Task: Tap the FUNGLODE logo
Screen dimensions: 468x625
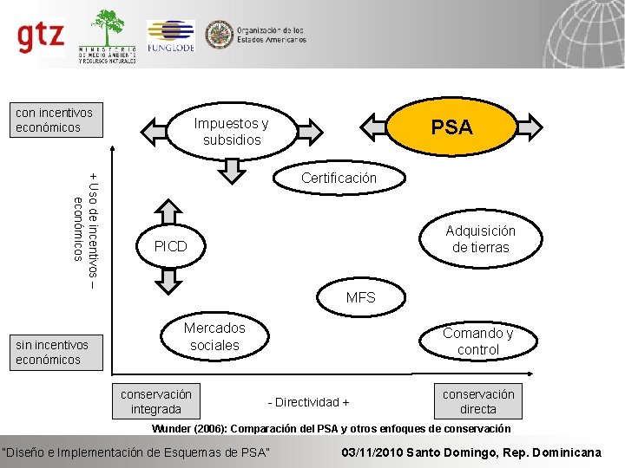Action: click(170, 36)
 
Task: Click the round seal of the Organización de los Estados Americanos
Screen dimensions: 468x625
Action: click(218, 35)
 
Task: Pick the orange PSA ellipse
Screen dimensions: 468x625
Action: click(451, 127)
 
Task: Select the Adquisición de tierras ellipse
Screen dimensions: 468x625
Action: click(479, 239)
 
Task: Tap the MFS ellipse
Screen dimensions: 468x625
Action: click(360, 297)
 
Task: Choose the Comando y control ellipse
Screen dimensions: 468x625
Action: click(477, 341)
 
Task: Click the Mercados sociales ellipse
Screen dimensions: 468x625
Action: click(214, 336)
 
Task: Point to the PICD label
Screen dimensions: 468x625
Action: click(170, 246)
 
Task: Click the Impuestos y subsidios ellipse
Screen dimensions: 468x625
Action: click(232, 131)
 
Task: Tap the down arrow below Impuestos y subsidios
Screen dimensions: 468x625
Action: click(232, 170)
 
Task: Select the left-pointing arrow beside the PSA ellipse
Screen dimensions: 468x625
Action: click(376, 127)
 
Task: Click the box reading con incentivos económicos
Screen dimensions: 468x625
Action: click(54, 120)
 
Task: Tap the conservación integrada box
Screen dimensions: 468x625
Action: click(156, 401)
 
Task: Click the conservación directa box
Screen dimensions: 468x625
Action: click(477, 401)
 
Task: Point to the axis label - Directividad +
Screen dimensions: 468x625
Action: click(309, 402)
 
